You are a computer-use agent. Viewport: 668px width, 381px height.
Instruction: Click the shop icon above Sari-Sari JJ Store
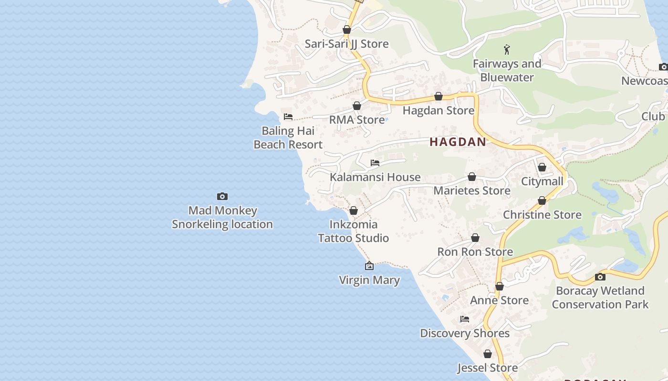[x=347, y=30]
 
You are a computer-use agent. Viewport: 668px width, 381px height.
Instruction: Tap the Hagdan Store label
[x=438, y=110]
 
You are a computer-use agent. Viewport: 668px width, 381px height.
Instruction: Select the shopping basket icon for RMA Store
[x=357, y=106]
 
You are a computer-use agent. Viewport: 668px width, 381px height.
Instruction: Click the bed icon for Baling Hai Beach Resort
[x=288, y=116]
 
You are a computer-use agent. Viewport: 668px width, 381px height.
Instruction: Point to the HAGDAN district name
[x=458, y=141]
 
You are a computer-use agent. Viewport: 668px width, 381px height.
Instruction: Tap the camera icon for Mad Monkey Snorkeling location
[x=222, y=196]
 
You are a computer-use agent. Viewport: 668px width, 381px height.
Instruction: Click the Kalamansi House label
[x=375, y=177]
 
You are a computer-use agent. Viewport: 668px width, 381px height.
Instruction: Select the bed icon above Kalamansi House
[x=375, y=163]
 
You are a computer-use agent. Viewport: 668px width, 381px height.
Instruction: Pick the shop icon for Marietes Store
[x=472, y=177]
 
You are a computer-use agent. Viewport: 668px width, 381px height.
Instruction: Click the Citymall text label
[x=542, y=181]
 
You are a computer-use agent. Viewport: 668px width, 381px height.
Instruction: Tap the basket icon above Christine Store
[x=542, y=201]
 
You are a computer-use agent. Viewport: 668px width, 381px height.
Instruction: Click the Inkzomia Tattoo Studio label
[x=354, y=231]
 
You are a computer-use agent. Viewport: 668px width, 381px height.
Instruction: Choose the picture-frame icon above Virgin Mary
[x=369, y=266]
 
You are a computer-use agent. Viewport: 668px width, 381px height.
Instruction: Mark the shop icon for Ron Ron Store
[x=475, y=238]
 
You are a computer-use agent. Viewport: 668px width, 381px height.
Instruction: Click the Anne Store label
[x=499, y=300]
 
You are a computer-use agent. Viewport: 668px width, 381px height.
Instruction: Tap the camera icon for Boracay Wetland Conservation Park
[x=600, y=277]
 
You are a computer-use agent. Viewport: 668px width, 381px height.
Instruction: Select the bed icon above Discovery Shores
[x=465, y=319]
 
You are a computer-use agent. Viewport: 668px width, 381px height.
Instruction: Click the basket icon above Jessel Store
[x=488, y=354]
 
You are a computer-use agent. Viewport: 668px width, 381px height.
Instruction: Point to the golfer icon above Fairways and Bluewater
[x=507, y=49]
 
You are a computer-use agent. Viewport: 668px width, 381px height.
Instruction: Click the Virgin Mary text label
[x=369, y=280]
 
